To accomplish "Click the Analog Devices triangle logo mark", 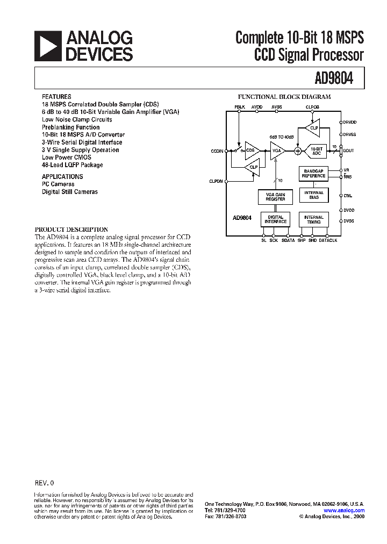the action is [47, 46].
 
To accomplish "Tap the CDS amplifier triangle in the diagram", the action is [251, 151].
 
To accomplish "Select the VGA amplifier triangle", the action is [277, 151].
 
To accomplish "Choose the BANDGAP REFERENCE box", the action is [313, 174].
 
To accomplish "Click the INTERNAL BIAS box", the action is [313, 195].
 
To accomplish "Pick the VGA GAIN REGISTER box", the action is [276, 197].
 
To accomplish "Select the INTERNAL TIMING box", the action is [313, 219].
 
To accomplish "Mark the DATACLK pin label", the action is [328, 240].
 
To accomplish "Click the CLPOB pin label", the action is [312, 108].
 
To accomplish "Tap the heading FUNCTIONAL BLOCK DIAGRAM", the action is [284, 97].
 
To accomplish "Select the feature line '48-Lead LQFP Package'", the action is [73, 165].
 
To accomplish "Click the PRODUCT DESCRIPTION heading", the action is [71, 230].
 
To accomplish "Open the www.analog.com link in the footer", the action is [345, 511].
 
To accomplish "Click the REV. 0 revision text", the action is [44, 483].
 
